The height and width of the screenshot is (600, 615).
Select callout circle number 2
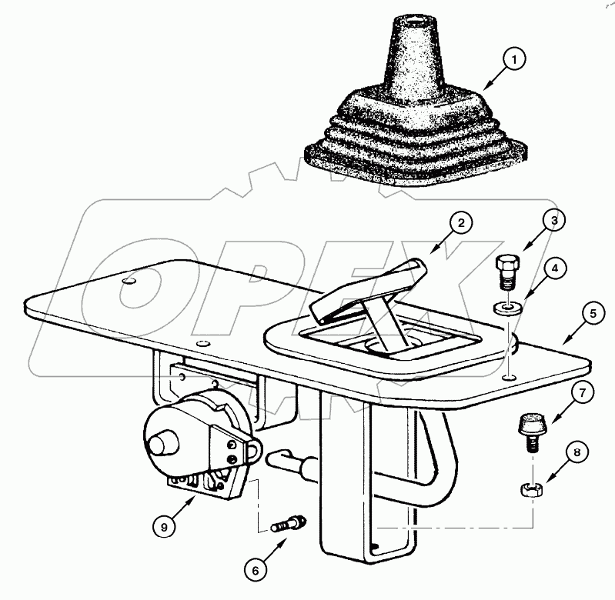point(460,224)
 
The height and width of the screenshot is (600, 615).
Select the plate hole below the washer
point(508,378)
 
